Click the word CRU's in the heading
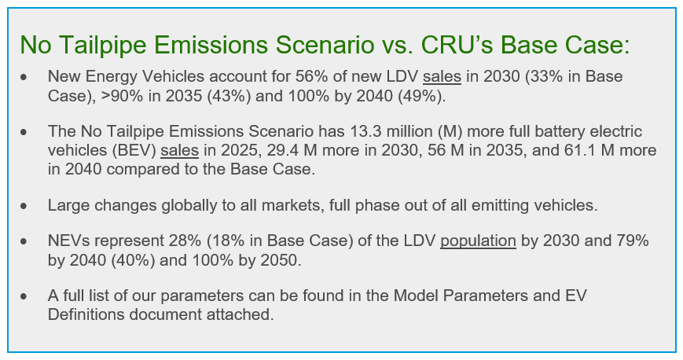pyautogui.click(x=457, y=44)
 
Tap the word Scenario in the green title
pyautogui.click(x=324, y=44)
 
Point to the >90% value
pyautogui.click(x=122, y=95)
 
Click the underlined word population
pyautogui.click(x=479, y=241)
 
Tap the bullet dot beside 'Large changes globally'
pyautogui.click(x=24, y=206)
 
